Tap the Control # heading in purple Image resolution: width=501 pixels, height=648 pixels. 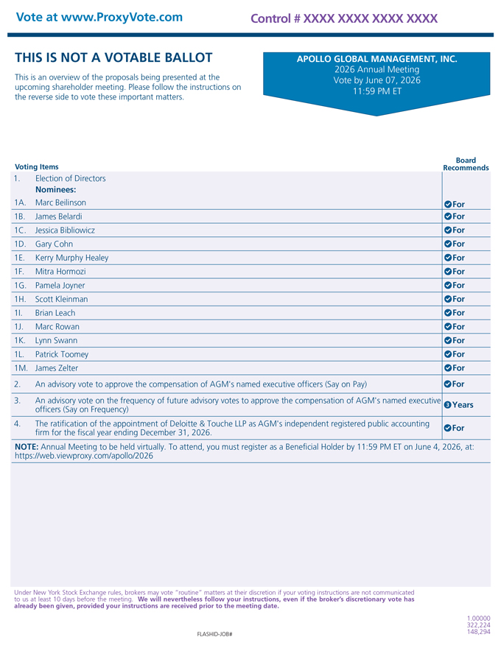pos(343,18)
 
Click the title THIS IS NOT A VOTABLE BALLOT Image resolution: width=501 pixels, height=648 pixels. pos(113,57)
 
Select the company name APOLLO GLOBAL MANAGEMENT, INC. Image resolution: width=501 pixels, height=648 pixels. pos(376,59)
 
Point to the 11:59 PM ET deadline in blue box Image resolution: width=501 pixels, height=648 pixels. pos(376,91)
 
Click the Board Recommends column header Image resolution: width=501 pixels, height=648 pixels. pos(466,163)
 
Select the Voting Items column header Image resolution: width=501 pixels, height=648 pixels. pos(37,167)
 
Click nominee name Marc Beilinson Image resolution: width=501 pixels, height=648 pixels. pos(60,202)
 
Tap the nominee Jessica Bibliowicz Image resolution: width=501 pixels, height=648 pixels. pos(65,230)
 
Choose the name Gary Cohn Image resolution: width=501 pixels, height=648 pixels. pos(54,244)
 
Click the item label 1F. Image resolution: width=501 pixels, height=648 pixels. pos(20,271)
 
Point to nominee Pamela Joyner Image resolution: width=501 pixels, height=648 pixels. pos(60,285)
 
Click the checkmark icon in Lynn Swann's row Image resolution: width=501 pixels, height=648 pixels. pos(447,341)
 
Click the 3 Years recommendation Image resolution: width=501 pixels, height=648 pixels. pos(458,405)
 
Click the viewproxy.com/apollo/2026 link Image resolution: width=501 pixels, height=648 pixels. pos(84,456)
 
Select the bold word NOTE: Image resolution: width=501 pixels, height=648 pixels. pos(27,446)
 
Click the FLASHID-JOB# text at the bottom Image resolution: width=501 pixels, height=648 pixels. pos(215,633)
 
